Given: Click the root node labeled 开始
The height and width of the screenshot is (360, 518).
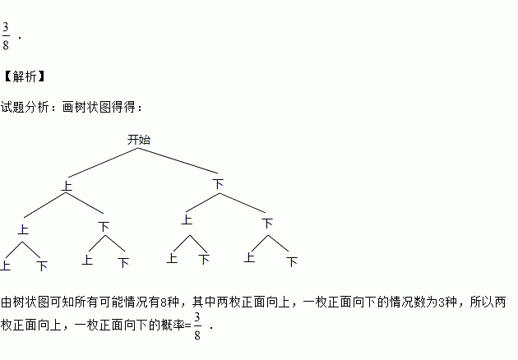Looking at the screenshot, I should click(x=138, y=140).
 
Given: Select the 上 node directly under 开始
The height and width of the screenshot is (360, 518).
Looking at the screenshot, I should click(x=67, y=187).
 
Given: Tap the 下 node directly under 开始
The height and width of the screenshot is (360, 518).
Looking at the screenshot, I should click(x=218, y=183).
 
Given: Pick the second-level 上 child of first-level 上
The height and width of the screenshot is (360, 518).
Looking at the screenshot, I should click(x=23, y=229).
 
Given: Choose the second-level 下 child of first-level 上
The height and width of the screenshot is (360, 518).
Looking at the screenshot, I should click(x=104, y=226).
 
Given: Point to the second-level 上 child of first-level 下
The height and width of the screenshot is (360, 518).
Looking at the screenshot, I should click(x=187, y=219).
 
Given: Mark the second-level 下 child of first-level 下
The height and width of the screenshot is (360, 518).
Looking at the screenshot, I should click(x=267, y=223).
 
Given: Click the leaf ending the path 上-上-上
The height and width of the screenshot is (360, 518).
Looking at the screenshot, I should click(x=6, y=265).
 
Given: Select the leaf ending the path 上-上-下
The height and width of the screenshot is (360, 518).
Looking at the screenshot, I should click(x=42, y=265).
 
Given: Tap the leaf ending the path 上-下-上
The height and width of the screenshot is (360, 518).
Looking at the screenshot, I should click(x=87, y=260).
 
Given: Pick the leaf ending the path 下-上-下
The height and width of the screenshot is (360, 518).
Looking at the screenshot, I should click(x=204, y=259).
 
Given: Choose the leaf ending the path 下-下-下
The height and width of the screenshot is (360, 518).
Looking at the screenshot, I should click(x=291, y=261).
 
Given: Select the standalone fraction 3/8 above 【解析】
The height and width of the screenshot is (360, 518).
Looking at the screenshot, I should click(x=6, y=37).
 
